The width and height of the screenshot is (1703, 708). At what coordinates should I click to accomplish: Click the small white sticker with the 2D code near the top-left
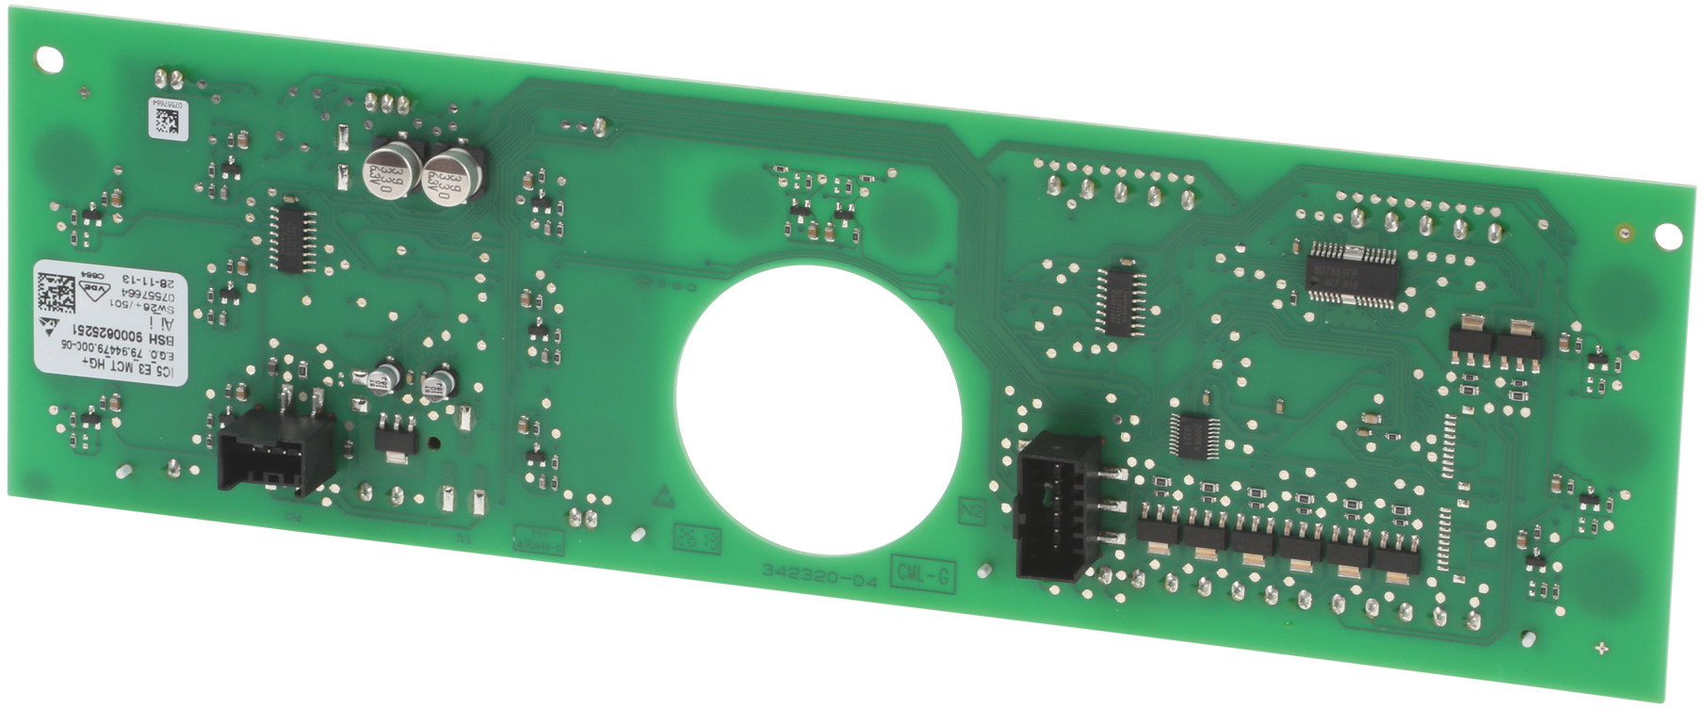click(168, 119)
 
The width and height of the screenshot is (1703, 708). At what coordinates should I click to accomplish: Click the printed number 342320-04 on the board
click(819, 575)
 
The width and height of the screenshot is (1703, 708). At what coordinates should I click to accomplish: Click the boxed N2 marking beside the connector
click(971, 512)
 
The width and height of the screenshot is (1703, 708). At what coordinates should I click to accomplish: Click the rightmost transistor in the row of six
click(1396, 559)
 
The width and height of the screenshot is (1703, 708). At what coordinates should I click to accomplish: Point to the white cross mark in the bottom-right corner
click(1602, 649)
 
